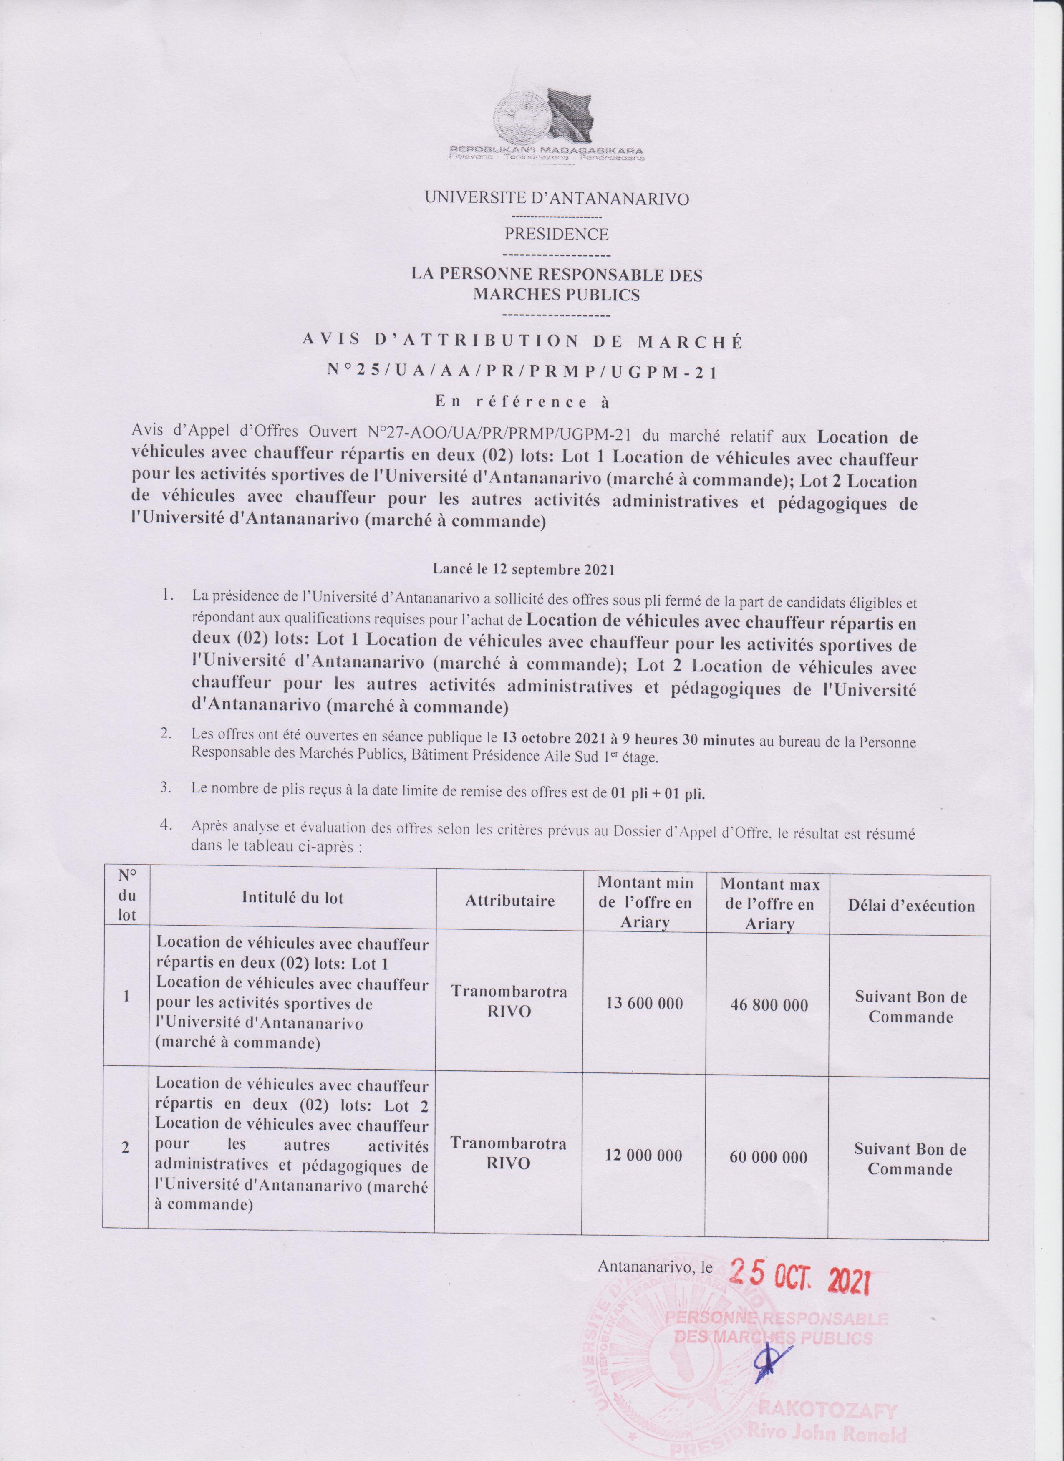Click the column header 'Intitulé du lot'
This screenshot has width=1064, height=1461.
293,898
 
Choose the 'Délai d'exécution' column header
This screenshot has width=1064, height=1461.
910,906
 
